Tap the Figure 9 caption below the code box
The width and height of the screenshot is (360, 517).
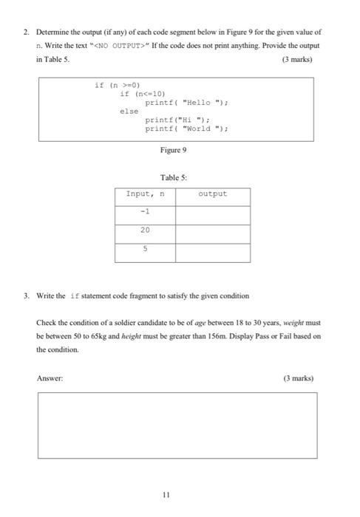click(x=174, y=150)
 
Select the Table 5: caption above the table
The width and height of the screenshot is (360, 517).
click(x=174, y=178)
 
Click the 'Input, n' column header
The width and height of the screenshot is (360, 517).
click(x=145, y=195)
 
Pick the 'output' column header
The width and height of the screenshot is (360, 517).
click(x=213, y=195)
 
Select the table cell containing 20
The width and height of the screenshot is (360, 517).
click(x=145, y=232)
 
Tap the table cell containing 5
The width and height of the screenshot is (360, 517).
click(x=145, y=250)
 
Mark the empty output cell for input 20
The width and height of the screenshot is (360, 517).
click(x=213, y=232)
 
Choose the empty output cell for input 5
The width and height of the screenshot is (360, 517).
click(x=213, y=250)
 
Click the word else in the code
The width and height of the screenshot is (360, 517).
click(x=129, y=111)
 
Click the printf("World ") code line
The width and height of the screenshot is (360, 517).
click(x=186, y=128)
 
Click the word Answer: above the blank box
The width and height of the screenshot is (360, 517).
click(x=50, y=377)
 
